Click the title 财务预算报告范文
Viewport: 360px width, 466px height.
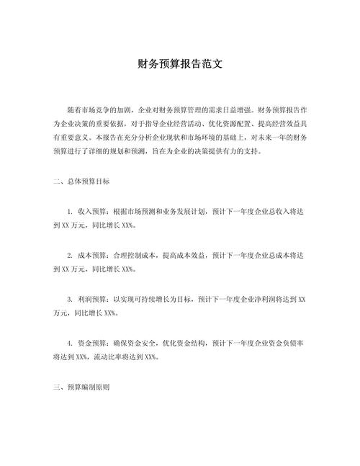coord(180,63)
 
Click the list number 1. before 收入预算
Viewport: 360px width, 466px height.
coord(69,212)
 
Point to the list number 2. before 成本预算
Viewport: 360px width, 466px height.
coord(69,255)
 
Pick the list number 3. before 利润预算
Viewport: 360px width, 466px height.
coord(69,298)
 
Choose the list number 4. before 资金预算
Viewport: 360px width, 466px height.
coord(69,341)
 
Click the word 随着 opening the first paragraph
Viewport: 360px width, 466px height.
coord(73,112)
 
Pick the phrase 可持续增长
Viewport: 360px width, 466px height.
coord(151,298)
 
